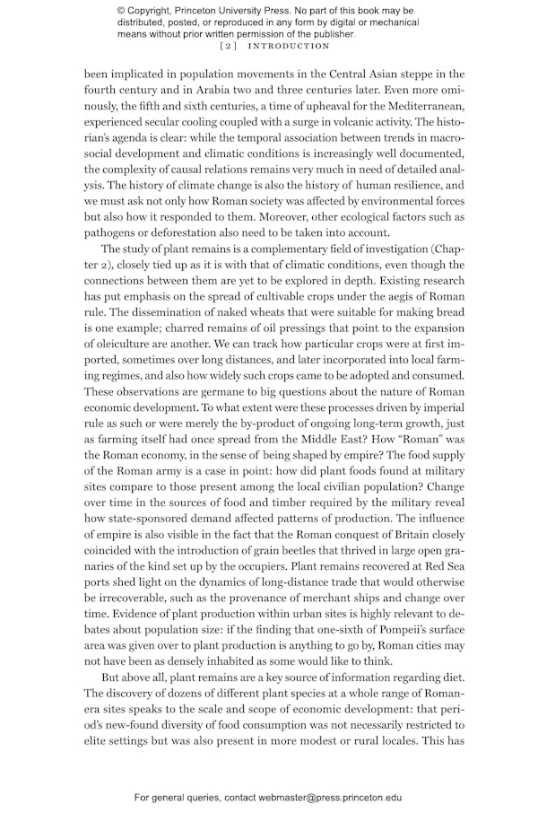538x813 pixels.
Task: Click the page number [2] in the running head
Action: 228,46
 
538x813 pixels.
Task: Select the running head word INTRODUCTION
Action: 289,46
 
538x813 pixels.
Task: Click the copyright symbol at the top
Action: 122,11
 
